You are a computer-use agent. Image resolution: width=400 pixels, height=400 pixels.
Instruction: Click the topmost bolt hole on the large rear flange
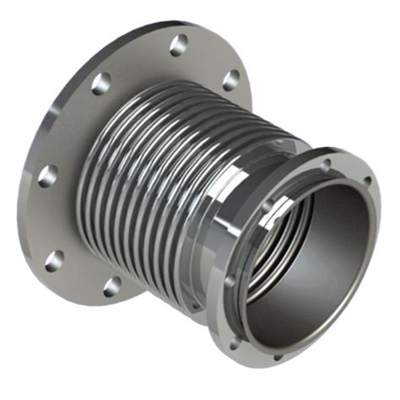[178, 44]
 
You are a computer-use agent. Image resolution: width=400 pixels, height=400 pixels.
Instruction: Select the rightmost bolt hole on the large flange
[230, 80]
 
